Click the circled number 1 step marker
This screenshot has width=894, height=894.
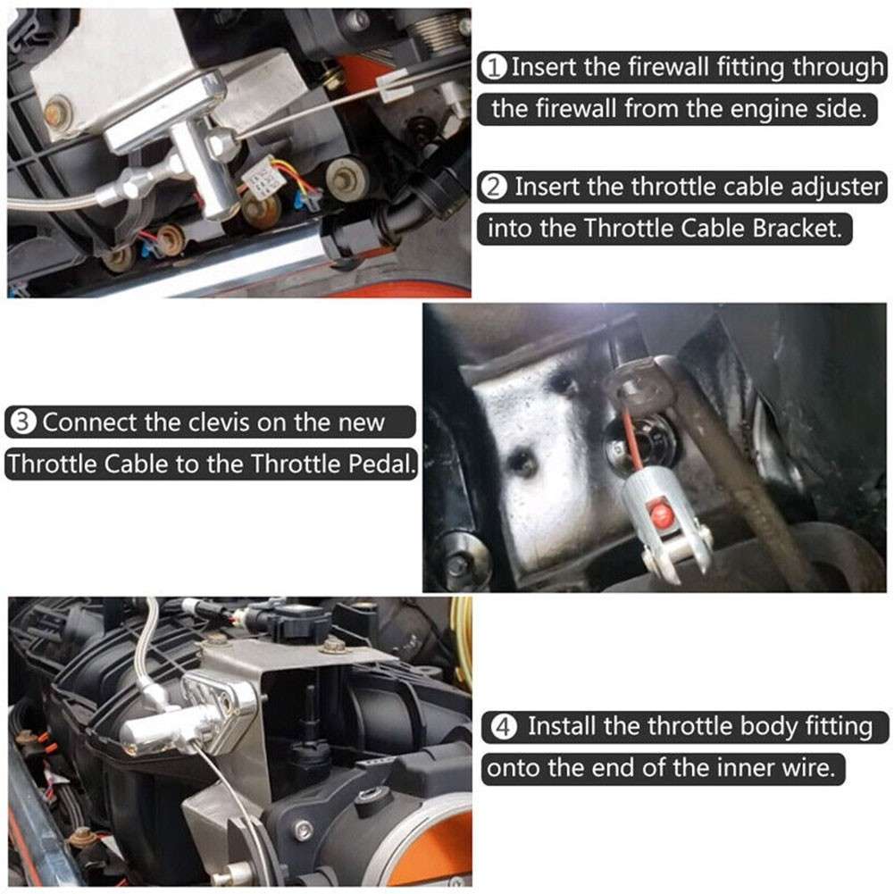[495, 67]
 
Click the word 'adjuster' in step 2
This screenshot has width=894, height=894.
[834, 187]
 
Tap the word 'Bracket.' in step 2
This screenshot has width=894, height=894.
[796, 229]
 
